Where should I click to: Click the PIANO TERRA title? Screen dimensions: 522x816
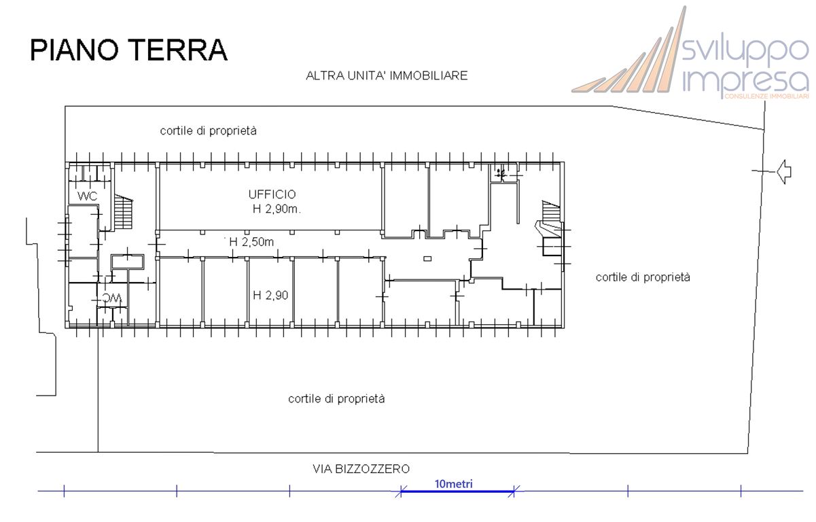pyautogui.click(x=128, y=50)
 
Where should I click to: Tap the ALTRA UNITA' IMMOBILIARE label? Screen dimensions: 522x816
pyautogui.click(x=387, y=75)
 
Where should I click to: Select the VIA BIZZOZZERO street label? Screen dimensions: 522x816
pyautogui.click(x=361, y=469)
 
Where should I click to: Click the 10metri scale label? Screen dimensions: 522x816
pyautogui.click(x=453, y=484)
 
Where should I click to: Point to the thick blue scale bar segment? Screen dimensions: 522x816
pyautogui.click(x=457, y=491)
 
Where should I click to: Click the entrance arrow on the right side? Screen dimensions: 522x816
pyautogui.click(x=784, y=171)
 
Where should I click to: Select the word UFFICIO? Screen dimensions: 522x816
pyautogui.click(x=272, y=195)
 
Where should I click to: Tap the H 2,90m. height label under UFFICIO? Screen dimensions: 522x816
pyautogui.click(x=277, y=209)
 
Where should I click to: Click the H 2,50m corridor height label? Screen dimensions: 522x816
pyautogui.click(x=251, y=242)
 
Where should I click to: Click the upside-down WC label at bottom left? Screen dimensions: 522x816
pyautogui.click(x=111, y=298)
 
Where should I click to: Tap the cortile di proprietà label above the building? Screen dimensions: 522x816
pyautogui.click(x=208, y=130)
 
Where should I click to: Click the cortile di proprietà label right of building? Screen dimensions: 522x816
pyautogui.click(x=642, y=277)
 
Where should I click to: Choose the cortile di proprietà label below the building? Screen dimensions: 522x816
pyautogui.click(x=336, y=399)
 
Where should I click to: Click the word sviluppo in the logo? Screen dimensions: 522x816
pyautogui.click(x=745, y=50)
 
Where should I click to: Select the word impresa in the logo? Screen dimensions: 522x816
pyautogui.click(x=745, y=81)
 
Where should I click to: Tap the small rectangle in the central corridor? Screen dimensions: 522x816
pyautogui.click(x=427, y=258)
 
